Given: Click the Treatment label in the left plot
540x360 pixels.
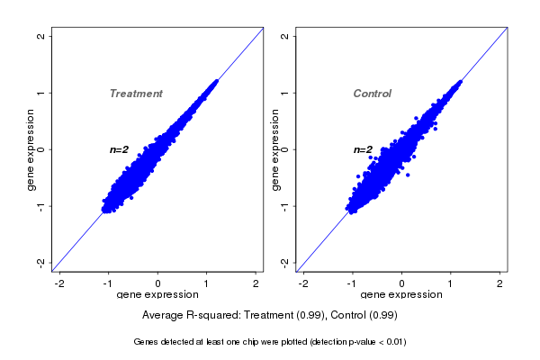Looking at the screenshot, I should tap(136, 94).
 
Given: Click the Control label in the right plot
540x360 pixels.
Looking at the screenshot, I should tap(372, 94).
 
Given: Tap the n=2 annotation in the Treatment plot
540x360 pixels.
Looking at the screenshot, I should tap(120, 149).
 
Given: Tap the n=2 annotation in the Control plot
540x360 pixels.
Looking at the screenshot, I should tap(363, 149).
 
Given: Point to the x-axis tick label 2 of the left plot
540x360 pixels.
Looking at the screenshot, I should tap(256, 283).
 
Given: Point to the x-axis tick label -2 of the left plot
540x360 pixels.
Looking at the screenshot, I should tap(59, 283).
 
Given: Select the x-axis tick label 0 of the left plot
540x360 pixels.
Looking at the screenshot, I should tap(158, 283).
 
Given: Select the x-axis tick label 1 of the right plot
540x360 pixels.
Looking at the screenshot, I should tap(452, 283).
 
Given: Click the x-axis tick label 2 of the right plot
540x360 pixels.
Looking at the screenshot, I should tap(500, 283).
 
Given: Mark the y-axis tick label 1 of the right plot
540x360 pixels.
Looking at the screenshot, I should tap(284, 93).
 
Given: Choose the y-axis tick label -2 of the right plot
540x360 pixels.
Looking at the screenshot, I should tap(284, 262).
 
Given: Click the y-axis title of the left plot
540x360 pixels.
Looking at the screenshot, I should tap(30, 149).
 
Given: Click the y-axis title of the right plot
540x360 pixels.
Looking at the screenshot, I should tap(273, 149).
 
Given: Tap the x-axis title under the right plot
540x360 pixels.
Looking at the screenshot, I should tap(401, 295).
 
